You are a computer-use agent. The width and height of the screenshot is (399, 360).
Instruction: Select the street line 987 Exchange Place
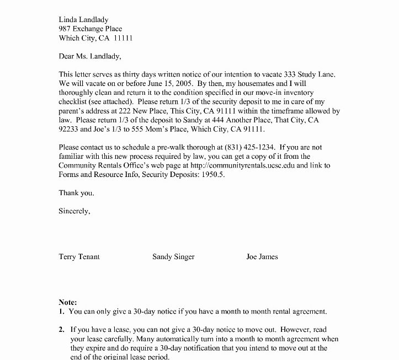(x=91, y=28)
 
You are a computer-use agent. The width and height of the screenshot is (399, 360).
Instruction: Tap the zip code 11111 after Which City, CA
(x=123, y=38)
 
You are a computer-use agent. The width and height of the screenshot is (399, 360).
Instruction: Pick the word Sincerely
(x=75, y=211)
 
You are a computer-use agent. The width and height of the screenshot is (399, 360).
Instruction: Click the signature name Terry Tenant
(x=79, y=256)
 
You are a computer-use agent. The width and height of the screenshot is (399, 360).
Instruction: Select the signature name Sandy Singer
(x=173, y=256)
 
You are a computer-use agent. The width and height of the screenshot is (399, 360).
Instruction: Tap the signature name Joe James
(x=262, y=256)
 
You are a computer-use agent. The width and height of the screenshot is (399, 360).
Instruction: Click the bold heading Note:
(x=68, y=302)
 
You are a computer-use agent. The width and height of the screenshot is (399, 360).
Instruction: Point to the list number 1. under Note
(x=61, y=311)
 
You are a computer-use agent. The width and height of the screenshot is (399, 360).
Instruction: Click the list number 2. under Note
(x=61, y=329)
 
